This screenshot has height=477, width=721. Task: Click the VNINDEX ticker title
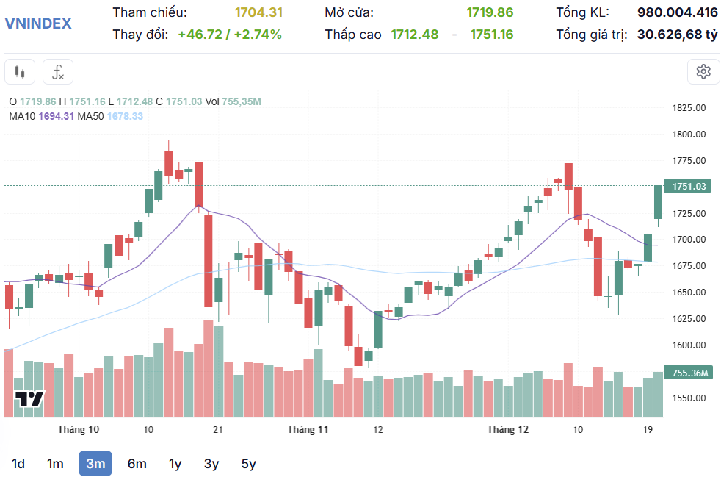pyautogui.click(x=38, y=24)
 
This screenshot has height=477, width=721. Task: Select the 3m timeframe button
pyautogui.click(x=95, y=464)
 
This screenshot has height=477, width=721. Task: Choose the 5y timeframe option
pyautogui.click(x=249, y=464)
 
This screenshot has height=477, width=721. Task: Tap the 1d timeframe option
pyautogui.click(x=18, y=464)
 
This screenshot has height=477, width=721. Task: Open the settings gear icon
pyautogui.click(x=703, y=71)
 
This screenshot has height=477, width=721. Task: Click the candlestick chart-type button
pyautogui.click(x=20, y=72)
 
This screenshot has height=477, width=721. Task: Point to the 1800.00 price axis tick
pyautogui.click(x=689, y=135)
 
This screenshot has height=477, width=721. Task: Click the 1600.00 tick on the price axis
pyautogui.click(x=689, y=345)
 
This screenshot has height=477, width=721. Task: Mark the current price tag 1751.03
pyautogui.click(x=689, y=187)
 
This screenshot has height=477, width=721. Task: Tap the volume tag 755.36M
pyautogui.click(x=689, y=373)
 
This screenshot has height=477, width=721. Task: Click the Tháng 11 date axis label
pyautogui.click(x=308, y=429)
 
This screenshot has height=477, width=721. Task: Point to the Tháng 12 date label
pyautogui.click(x=508, y=429)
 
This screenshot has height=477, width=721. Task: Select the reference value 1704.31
pyautogui.click(x=258, y=12)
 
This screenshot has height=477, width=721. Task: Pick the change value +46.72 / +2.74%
pyautogui.click(x=230, y=35)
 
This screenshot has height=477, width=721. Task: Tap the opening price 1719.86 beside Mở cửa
pyautogui.click(x=490, y=12)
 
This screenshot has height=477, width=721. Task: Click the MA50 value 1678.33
pyautogui.click(x=125, y=116)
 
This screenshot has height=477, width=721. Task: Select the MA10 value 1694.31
pyautogui.click(x=57, y=116)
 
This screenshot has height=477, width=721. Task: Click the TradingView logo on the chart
pyautogui.click(x=29, y=399)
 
